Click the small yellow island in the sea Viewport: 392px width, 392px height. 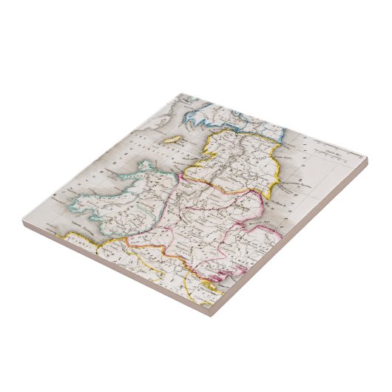click(172, 138)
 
